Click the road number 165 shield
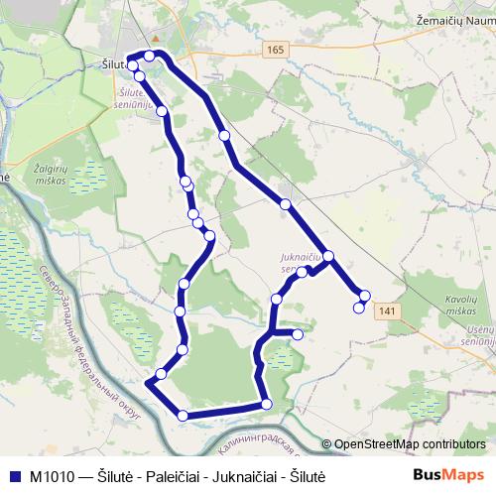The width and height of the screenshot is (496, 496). pyautogui.click(x=275, y=49)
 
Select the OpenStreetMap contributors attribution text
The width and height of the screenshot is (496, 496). pyautogui.click(x=409, y=443)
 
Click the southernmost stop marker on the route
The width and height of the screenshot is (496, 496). pyautogui.click(x=183, y=415)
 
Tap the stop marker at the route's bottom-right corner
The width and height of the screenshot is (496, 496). pyautogui.click(x=266, y=403)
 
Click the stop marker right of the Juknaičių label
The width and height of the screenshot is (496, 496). pyautogui.click(x=328, y=257)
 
